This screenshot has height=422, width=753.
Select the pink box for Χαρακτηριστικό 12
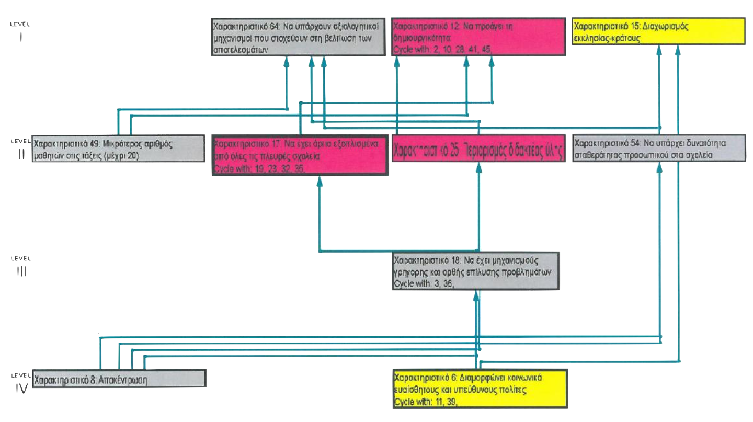(x=478, y=37)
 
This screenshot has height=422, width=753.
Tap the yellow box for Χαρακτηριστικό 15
(x=659, y=32)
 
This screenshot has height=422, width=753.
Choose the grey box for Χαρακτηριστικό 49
(x=118, y=149)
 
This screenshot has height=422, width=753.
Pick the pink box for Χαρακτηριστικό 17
(x=300, y=155)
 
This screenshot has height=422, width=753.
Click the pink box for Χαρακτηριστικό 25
(x=478, y=149)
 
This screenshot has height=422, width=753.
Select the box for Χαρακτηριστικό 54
(x=659, y=149)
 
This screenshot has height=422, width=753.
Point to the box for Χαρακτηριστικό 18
(x=476, y=271)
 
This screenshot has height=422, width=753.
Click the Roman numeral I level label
(x=20, y=37)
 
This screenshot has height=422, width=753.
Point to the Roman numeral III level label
(x=21, y=271)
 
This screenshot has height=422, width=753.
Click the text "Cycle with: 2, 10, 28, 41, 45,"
(x=442, y=50)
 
